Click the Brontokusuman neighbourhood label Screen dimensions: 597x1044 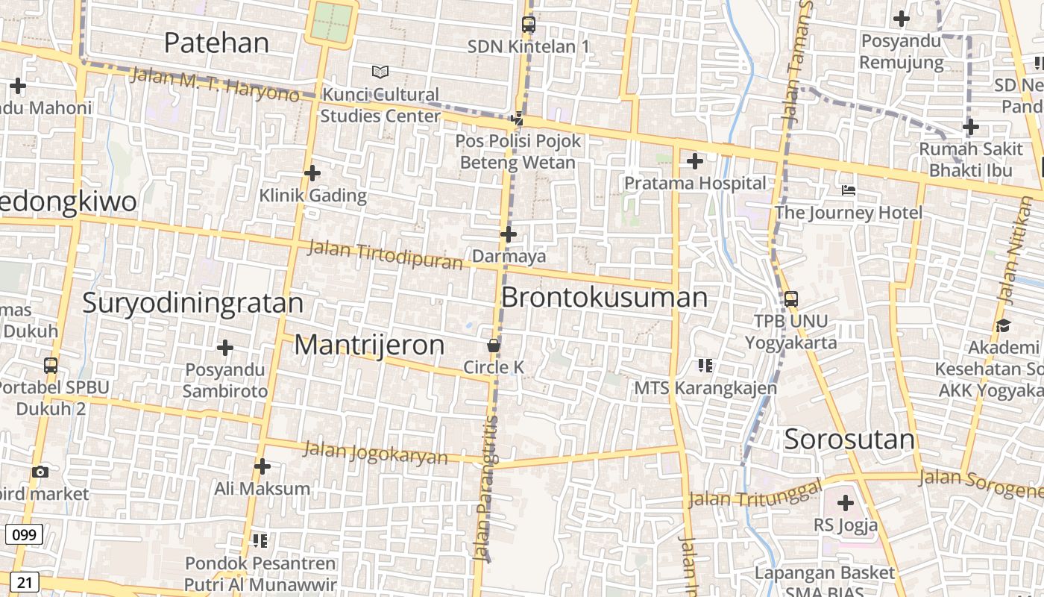pos(604,297)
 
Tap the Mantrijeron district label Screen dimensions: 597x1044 pos(369,345)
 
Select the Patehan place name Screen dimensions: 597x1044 pos(216,43)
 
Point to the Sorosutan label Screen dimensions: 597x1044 pos(849,439)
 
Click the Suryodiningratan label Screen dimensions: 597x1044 pos(192,303)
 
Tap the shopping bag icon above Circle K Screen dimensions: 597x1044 pos(493,346)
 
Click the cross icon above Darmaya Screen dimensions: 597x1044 pos(509,234)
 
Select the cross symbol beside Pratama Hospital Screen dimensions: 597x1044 pos(695,160)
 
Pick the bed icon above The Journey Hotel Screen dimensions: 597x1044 pos(849,190)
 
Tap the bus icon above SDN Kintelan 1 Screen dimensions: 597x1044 pos(529,24)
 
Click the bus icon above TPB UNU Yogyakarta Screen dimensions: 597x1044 pos(791,299)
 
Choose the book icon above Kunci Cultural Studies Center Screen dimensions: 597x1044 pos(380,72)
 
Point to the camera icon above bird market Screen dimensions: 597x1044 pos(40,472)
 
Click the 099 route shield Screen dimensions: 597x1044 pos(24,534)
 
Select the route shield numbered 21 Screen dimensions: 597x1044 pos(24,582)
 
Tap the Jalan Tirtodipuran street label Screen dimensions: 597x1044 pos(386,254)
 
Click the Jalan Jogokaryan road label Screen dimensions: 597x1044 pos(376,452)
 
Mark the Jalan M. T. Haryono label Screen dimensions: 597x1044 pos(214,84)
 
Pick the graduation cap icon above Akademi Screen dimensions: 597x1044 pos(1003,325)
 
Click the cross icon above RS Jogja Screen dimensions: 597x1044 pos(845,503)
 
